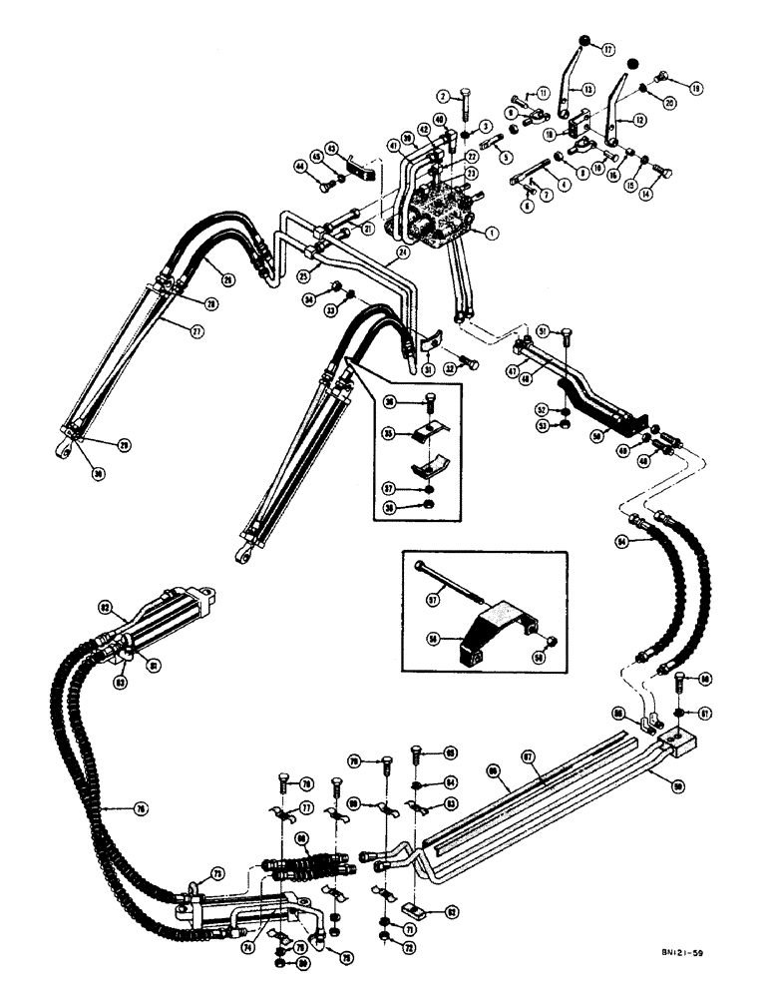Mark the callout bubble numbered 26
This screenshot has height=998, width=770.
click(228, 279)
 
